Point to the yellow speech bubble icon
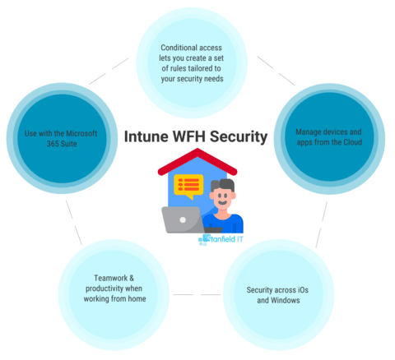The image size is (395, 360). click(188, 187)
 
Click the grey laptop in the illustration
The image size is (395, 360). click(183, 219)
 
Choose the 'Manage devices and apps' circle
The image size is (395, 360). click(327, 137)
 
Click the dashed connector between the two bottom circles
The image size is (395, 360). click(197, 293)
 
